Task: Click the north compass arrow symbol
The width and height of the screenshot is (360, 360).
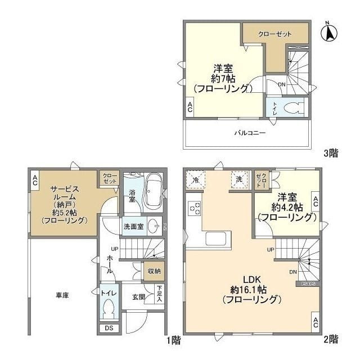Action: [328, 32]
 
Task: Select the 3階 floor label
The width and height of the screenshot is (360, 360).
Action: [331, 152]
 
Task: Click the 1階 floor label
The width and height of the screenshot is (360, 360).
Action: [174, 339]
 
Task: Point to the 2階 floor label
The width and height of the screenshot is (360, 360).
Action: [331, 339]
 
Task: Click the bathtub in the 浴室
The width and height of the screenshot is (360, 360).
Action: [153, 192]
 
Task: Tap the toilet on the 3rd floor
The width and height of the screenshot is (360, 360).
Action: [291, 108]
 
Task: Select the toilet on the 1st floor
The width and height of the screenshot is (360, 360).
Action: [109, 308]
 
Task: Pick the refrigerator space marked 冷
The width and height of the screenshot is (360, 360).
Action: [195, 179]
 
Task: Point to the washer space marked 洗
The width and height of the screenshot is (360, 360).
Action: [239, 179]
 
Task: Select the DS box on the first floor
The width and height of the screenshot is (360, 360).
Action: [108, 328]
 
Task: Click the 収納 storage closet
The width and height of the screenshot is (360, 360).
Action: [154, 271]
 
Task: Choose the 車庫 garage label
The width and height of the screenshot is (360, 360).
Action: [62, 295]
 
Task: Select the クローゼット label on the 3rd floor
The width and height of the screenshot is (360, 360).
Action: [275, 33]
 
